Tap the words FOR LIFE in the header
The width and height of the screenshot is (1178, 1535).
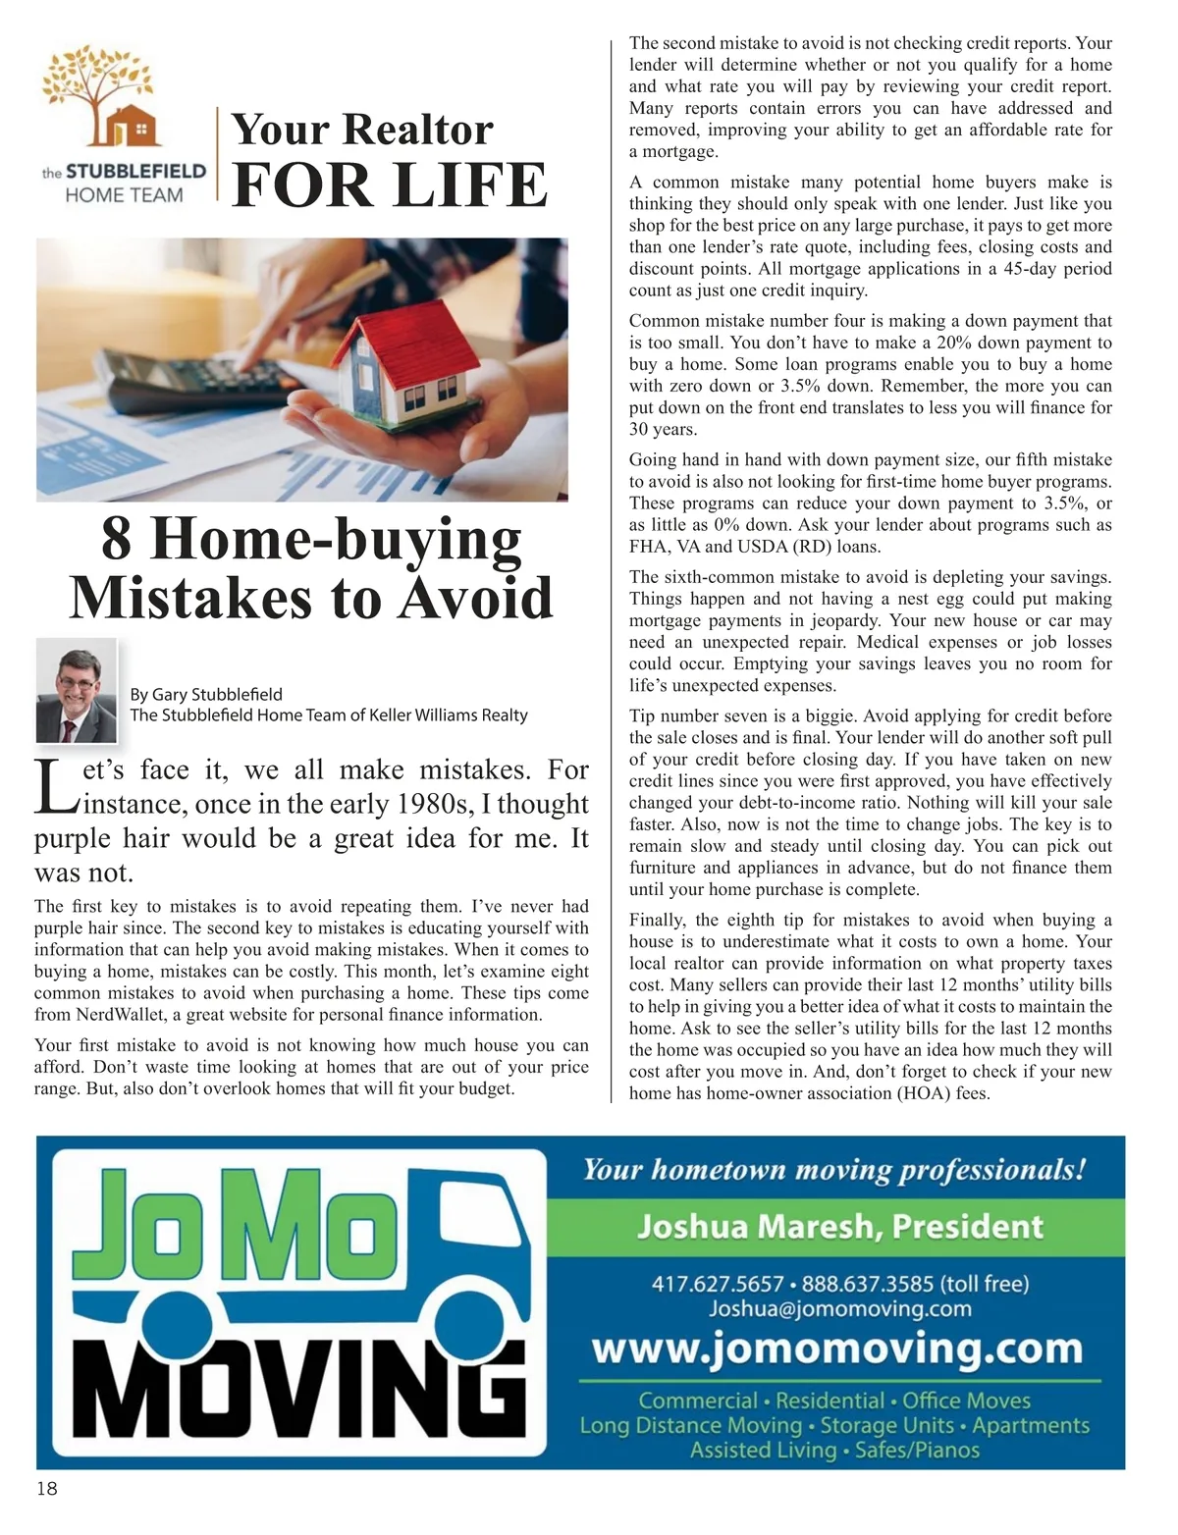pyautogui.click(x=389, y=185)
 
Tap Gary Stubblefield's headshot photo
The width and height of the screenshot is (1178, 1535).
pyautogui.click(x=77, y=690)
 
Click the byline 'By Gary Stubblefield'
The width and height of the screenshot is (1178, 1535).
pyautogui.click(x=206, y=695)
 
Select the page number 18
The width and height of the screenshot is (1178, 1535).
pyautogui.click(x=46, y=1489)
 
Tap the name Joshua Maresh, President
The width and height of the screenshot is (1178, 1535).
pyautogui.click(x=839, y=1227)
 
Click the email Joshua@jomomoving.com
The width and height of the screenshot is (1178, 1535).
pyautogui.click(x=839, y=1309)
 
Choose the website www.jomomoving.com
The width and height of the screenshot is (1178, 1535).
pyautogui.click(x=836, y=1350)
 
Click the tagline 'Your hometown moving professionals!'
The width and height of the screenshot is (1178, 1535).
pyautogui.click(x=834, y=1170)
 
